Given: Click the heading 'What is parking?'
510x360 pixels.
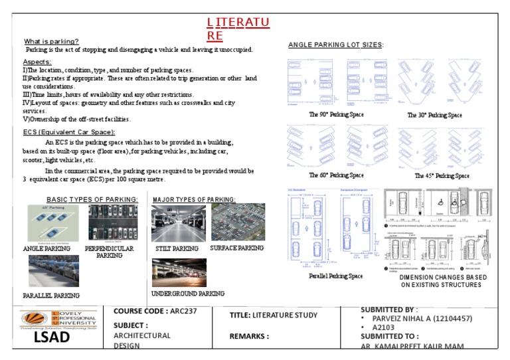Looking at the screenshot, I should (x=51, y=41).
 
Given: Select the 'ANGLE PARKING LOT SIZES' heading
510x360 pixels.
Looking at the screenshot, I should (x=335, y=45).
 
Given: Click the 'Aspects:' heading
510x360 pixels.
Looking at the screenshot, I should (x=37, y=61).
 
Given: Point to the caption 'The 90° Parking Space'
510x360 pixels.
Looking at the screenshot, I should (x=336, y=115).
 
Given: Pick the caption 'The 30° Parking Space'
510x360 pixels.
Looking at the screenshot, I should (x=434, y=115).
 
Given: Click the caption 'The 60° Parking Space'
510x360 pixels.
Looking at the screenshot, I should (x=336, y=175).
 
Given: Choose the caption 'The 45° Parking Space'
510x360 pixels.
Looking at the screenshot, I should (x=442, y=176).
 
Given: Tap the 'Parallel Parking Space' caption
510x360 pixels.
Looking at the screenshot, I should (x=336, y=276).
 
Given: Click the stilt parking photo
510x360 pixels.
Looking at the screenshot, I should (x=178, y=223).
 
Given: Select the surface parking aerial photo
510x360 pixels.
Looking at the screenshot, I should (x=237, y=222).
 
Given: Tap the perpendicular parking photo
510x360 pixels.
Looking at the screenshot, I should (x=110, y=223).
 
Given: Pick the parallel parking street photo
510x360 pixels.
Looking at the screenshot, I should (x=53, y=271).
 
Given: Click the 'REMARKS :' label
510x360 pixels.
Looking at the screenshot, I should (x=249, y=336).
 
